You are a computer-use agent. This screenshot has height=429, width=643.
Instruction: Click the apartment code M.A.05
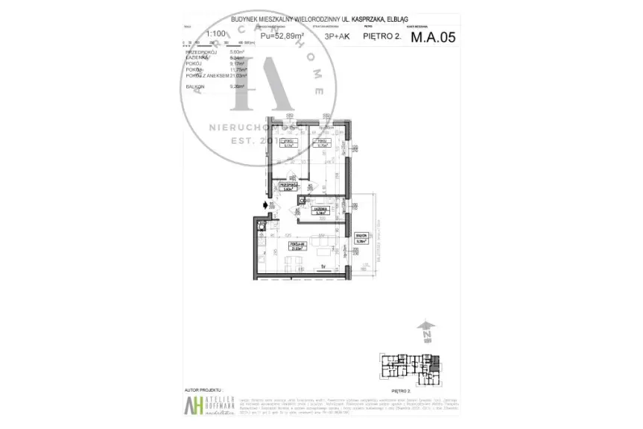click(x=433, y=34)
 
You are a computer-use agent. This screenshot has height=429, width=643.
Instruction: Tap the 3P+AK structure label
click(x=335, y=35)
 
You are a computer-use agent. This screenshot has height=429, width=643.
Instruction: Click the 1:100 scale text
click(x=196, y=34)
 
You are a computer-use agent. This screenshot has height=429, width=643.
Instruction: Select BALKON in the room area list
click(x=194, y=87)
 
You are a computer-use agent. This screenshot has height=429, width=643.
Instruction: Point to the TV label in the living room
click(x=323, y=266)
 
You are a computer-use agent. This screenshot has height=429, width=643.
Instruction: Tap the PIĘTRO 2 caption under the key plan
click(x=402, y=389)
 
